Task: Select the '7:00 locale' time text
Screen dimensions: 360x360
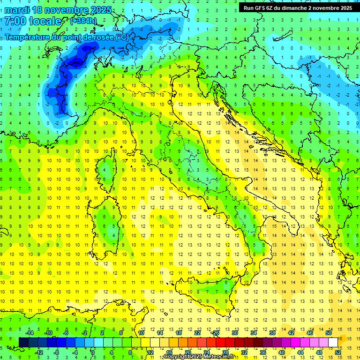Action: tap(33, 21)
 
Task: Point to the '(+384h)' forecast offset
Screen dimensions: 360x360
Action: tap(83, 21)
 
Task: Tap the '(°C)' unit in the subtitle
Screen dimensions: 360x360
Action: tap(121, 37)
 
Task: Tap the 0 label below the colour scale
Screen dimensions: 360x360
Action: tap(93, 352)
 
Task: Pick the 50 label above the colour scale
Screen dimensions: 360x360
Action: tap(329, 333)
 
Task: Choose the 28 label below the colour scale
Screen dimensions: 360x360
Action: tap(225, 352)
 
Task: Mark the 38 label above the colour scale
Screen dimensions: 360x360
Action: tap(272, 333)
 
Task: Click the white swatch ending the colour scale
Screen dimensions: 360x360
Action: tap(333, 343)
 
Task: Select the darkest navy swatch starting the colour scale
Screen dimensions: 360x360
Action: tap(23, 343)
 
